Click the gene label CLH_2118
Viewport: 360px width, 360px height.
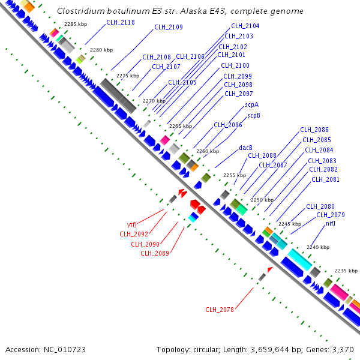coord(121,22)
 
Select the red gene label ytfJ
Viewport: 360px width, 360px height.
coord(132,225)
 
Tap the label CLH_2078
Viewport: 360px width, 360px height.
coord(219,310)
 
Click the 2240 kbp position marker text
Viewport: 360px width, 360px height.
coord(317,247)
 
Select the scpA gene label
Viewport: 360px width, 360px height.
coord(252,105)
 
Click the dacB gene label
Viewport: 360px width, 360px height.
coord(245,148)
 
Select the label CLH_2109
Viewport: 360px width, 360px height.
coord(169,27)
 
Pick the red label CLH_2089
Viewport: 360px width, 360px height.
coord(155,253)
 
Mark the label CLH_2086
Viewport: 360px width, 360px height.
coord(314,130)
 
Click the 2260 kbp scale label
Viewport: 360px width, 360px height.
coord(207,151)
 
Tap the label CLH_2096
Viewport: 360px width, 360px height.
coord(228,125)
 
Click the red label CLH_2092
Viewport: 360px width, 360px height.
coord(134,234)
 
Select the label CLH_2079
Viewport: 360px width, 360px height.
coord(331,215)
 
